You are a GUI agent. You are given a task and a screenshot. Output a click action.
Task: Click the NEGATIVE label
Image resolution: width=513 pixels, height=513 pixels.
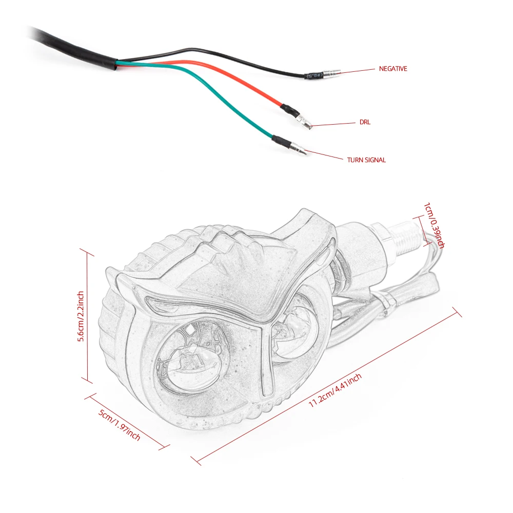point(392,69)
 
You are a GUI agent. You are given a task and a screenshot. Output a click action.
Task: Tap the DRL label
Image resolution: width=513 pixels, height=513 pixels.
point(364,123)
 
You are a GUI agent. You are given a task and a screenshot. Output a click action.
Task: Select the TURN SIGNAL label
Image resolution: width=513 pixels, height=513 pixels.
point(366,160)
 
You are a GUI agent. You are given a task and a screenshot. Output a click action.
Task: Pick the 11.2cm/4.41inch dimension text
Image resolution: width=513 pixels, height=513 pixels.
point(336,390)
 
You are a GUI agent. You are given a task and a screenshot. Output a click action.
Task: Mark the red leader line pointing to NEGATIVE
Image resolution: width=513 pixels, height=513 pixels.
point(354,71)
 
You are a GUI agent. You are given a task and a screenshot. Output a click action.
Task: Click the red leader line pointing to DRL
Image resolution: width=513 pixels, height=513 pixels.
point(333,124)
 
